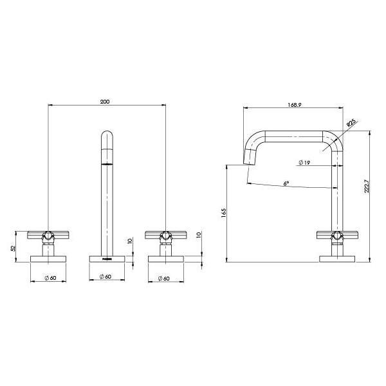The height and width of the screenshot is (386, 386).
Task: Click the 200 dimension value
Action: (106, 101)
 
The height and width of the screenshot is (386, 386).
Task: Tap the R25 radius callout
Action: (351, 122)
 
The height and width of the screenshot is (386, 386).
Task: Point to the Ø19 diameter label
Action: (304, 163)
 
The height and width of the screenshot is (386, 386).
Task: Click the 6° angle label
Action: (286, 183)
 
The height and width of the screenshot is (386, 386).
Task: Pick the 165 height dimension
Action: (223, 213)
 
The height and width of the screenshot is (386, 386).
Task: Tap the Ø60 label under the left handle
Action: (49, 277)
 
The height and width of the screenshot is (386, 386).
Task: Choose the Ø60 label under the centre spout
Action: (106, 277)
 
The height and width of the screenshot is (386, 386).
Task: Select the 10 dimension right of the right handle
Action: (199, 236)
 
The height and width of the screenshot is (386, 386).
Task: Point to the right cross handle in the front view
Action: (166, 234)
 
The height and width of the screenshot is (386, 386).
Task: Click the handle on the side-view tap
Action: (336, 235)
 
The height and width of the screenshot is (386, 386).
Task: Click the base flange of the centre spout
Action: (107, 259)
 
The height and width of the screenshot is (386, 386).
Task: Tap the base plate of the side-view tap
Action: (336, 259)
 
